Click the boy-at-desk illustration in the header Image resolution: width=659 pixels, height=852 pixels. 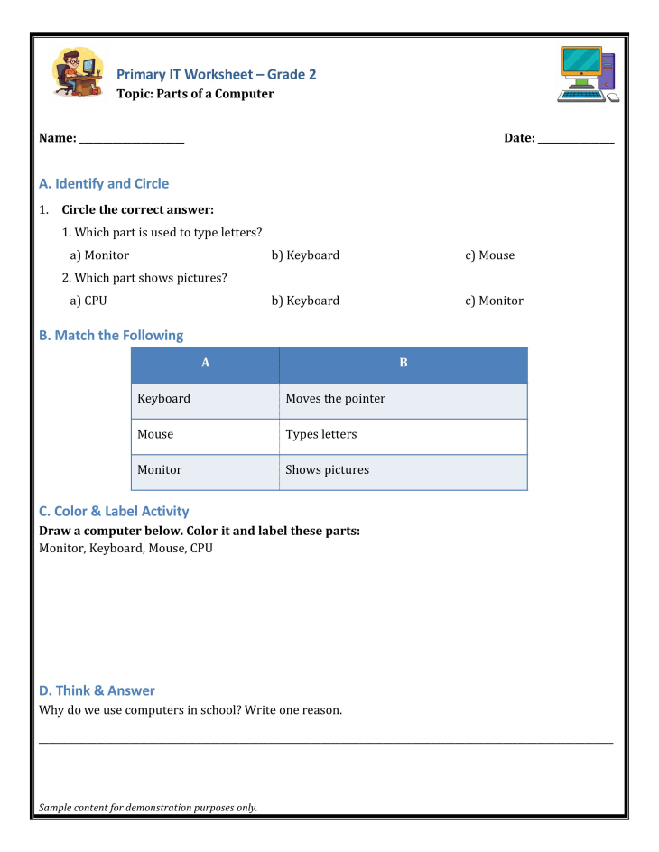[79, 72]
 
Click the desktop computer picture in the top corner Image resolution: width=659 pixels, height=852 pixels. [588, 74]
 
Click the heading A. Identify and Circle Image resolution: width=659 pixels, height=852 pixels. [104, 183]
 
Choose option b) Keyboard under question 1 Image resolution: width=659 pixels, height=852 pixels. [305, 255]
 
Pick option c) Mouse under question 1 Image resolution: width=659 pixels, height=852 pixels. [490, 255]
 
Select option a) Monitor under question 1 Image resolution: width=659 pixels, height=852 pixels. [99, 255]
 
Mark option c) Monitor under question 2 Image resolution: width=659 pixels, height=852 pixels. [494, 301]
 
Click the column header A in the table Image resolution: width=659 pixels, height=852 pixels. [206, 363]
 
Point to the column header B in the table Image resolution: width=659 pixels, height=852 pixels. [404, 363]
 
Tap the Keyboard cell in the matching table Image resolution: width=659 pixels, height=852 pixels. [164, 398]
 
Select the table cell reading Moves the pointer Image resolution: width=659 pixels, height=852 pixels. [335, 398]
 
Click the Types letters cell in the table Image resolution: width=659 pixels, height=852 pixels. [321, 434]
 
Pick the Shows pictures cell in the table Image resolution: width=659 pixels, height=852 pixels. [327, 469]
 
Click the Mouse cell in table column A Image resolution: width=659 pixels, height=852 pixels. [155, 434]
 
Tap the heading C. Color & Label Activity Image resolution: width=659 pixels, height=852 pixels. [114, 511]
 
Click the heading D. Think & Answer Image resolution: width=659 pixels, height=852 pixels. [97, 690]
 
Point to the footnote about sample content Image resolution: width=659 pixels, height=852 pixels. [148, 808]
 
